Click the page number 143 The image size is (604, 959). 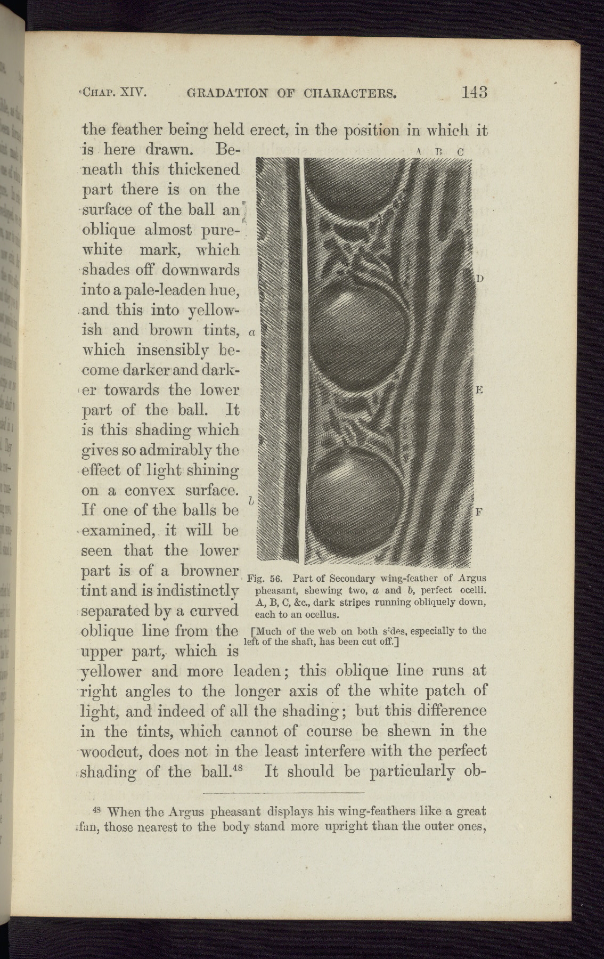click(x=475, y=93)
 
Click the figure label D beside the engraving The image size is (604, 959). click(x=479, y=279)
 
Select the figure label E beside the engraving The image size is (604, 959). click(x=479, y=390)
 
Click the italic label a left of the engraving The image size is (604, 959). click(x=252, y=333)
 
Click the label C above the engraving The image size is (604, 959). click(x=461, y=151)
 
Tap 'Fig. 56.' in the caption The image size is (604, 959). click(x=268, y=579)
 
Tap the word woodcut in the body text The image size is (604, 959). click(x=111, y=752)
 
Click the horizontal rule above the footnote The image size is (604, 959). click(x=283, y=794)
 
